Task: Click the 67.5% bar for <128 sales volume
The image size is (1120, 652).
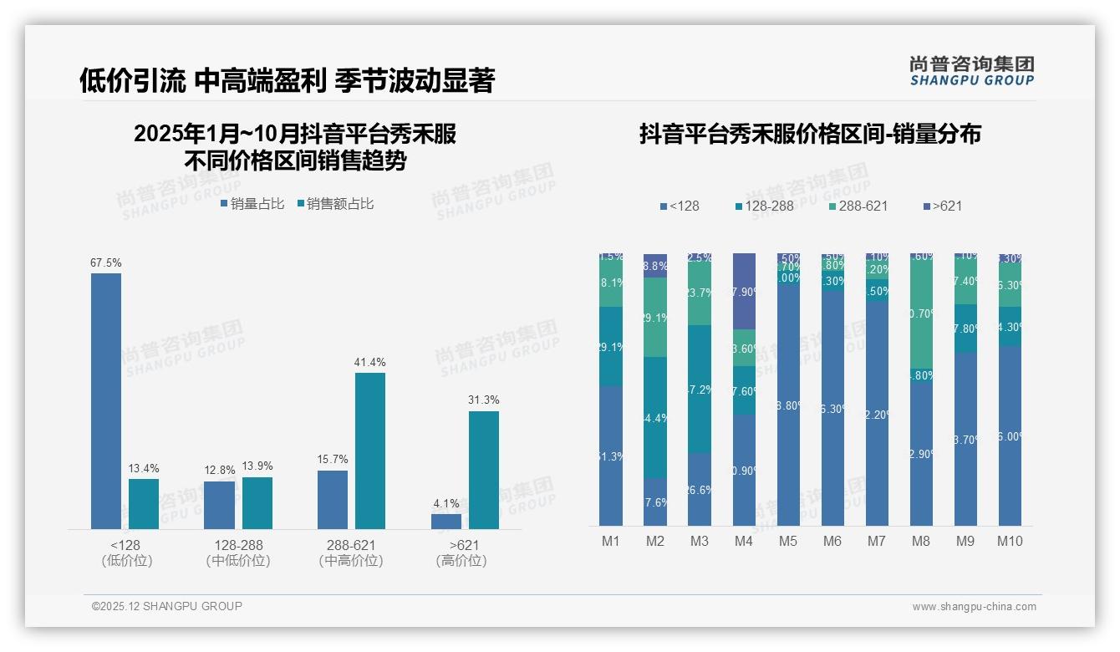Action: click(x=106, y=401)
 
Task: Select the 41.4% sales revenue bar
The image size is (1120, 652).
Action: click(x=370, y=451)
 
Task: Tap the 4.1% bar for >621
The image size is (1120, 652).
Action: click(x=446, y=521)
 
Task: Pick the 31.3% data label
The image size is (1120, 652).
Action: click(x=484, y=400)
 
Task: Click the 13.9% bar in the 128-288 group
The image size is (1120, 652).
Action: click(x=257, y=502)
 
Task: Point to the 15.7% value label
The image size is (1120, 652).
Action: click(x=333, y=460)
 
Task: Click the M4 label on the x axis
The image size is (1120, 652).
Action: click(x=744, y=542)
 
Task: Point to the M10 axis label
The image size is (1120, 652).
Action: click(x=1010, y=542)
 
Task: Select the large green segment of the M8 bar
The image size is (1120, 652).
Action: click(x=921, y=311)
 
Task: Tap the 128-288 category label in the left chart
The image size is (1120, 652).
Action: click(x=238, y=545)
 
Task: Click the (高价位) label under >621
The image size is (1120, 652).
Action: click(x=461, y=561)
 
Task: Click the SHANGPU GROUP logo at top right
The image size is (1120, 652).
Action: click(x=972, y=70)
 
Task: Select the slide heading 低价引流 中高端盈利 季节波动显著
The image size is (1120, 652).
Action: click(x=287, y=81)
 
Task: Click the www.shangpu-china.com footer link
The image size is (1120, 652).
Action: click(x=974, y=607)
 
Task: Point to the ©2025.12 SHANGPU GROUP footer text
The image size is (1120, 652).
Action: click(x=167, y=607)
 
